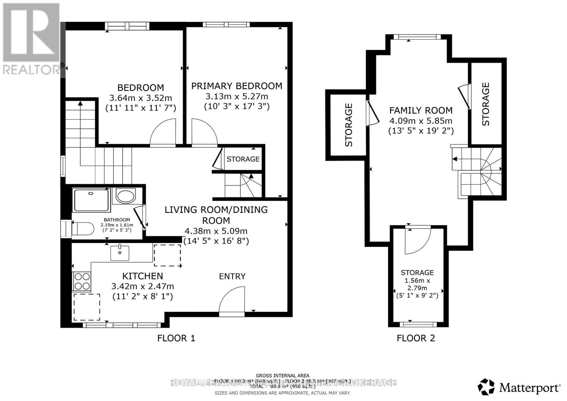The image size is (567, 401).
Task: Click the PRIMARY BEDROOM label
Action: [x=237, y=86]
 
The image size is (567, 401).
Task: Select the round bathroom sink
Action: [x=126, y=196]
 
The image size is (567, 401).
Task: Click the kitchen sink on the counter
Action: [x=120, y=253]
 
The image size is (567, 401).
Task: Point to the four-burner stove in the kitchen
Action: [x=82, y=281]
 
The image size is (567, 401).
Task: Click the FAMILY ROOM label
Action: [x=421, y=110]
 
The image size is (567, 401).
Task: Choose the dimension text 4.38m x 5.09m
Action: [x=216, y=231]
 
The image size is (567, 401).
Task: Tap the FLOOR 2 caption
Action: [x=416, y=338]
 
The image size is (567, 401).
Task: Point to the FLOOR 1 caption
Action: [x=176, y=338]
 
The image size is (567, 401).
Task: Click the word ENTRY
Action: [x=232, y=276]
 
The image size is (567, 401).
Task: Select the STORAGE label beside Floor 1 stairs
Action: [x=243, y=159]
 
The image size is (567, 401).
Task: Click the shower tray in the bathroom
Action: [x=91, y=200]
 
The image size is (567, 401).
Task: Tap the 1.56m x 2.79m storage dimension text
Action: [x=417, y=284]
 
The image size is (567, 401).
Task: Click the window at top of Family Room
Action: [x=417, y=37]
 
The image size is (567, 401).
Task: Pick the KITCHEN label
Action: [x=142, y=276]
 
